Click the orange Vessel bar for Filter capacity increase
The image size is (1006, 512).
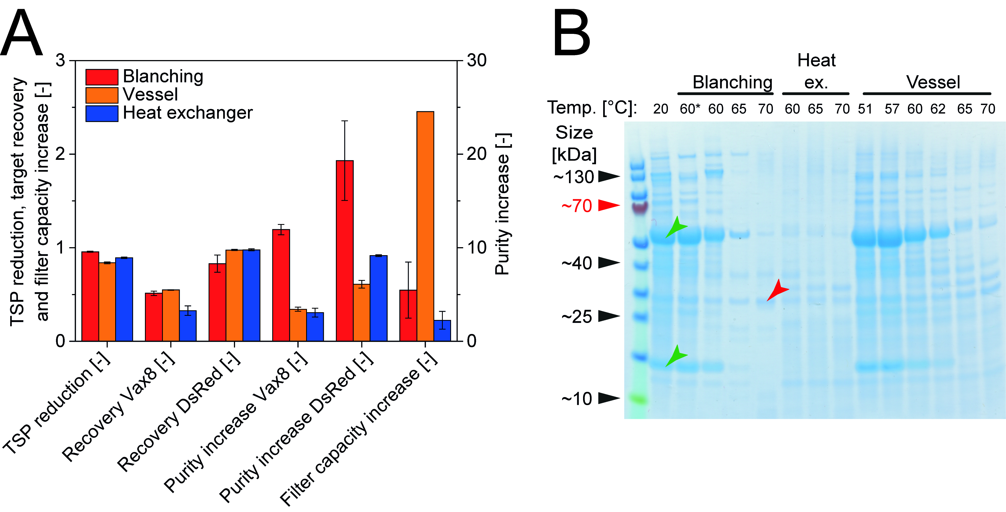click(x=425, y=227)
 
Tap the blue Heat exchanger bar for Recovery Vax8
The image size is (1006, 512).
click(x=188, y=326)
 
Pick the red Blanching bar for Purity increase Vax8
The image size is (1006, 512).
click(x=281, y=285)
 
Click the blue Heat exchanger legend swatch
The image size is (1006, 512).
click(x=102, y=114)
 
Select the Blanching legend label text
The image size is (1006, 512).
click(x=163, y=76)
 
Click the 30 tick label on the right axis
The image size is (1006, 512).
click(x=476, y=61)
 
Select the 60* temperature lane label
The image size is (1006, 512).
click(x=690, y=109)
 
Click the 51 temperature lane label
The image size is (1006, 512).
click(x=865, y=109)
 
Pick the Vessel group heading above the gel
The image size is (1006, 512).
click(x=933, y=82)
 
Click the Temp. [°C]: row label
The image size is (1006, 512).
click(x=592, y=107)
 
